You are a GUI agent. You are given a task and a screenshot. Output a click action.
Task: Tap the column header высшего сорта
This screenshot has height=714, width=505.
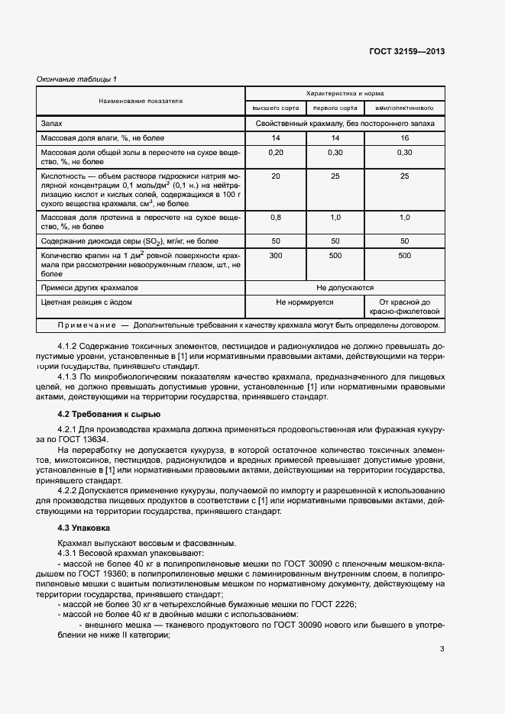pos(274,108)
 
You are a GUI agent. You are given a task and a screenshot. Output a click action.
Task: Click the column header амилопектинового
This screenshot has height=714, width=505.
pos(404,108)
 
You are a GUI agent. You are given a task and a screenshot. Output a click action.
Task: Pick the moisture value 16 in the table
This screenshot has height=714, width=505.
pos(404,138)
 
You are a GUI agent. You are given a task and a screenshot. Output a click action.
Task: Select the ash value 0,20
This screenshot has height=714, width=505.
pos(275,153)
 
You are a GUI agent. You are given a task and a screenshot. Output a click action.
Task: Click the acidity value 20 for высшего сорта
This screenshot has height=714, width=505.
pos(275,176)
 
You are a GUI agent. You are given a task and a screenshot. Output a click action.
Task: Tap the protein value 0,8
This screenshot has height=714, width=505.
pos(275,218)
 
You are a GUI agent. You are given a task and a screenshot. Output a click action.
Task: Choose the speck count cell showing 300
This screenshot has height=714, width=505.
pos(275,256)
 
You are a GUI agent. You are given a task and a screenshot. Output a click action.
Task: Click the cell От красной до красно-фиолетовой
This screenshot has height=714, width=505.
pos(404,307)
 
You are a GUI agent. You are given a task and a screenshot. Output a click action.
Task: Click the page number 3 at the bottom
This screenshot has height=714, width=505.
pos(442,650)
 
